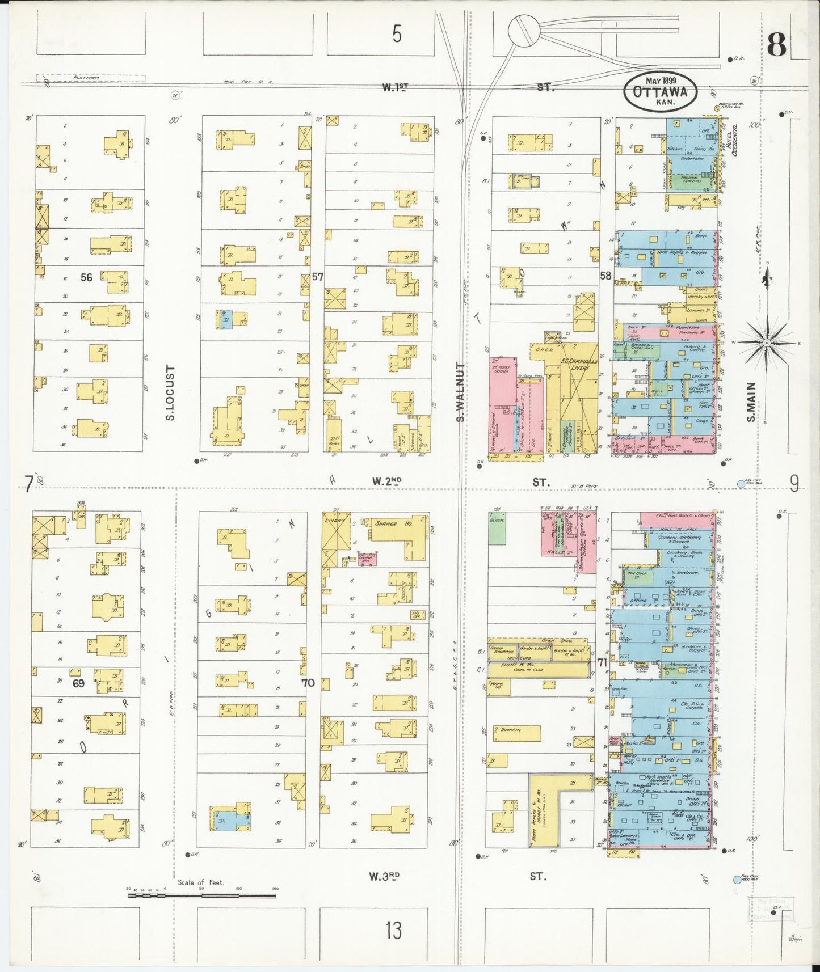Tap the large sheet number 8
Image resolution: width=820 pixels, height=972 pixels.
777,44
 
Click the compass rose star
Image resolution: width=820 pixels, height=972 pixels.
767,343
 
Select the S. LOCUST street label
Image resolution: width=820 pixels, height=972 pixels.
170,392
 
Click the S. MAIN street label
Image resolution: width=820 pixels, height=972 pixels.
751,402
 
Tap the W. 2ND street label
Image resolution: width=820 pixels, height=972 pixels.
386,481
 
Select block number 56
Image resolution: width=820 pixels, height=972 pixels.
86,277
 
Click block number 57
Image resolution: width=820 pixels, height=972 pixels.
317,277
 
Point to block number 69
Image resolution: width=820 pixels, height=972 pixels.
78,683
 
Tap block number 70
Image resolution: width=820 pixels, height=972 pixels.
308,683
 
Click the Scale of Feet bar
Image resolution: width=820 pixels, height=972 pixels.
202,896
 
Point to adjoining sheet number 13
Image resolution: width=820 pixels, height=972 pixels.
393,930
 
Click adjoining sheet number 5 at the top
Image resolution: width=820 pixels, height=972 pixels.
397,34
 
